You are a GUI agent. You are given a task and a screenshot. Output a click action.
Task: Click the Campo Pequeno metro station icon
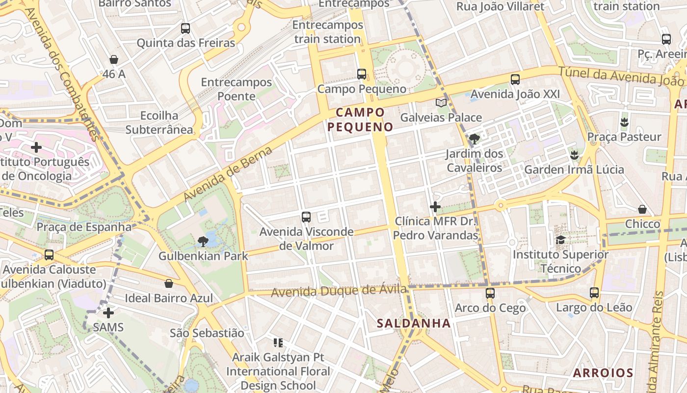pyautogui.click(x=362, y=74)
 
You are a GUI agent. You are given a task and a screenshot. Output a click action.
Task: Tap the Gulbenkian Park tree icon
pyautogui.click(x=202, y=241)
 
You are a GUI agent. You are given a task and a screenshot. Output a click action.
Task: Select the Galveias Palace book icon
pyautogui.click(x=441, y=103)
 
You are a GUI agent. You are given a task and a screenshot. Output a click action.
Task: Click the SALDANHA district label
pyautogui.click(x=414, y=323)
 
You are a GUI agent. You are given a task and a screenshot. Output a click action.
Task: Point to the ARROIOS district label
pyautogui.click(x=603, y=372)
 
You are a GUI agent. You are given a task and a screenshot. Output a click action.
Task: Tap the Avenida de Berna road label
pyautogui.click(x=228, y=174)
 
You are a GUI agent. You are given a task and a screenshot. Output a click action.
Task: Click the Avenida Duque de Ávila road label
pyautogui.click(x=339, y=291)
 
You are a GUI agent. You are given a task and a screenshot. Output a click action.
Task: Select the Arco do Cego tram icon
pyautogui.click(x=490, y=293)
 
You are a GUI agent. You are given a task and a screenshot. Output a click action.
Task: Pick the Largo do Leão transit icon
pyautogui.click(x=594, y=293)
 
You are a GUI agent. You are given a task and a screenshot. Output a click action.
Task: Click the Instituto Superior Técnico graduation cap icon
pyautogui.click(x=560, y=240)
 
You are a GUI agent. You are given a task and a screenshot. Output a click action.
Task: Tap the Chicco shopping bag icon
pyautogui.click(x=642, y=209)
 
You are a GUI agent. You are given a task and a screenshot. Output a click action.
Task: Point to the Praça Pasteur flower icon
pyautogui.click(x=624, y=122)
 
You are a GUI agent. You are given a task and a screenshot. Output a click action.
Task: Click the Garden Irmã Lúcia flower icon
pyautogui.click(x=574, y=155)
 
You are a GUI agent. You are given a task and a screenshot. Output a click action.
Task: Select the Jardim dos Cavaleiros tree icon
pyautogui.click(x=474, y=139)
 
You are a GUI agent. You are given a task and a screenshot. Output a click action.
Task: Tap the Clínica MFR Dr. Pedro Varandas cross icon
pyautogui.click(x=435, y=207)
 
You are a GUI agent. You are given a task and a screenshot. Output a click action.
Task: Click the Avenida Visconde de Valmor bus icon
pyautogui.click(x=306, y=217)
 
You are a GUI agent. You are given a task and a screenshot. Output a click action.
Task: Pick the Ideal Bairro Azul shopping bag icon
pyautogui.click(x=169, y=283)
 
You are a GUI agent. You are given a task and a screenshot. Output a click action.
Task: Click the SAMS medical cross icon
pyautogui.click(x=108, y=312)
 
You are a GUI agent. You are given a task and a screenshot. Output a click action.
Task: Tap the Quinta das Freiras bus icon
pyautogui.click(x=185, y=28)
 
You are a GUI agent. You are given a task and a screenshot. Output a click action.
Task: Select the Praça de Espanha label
pyautogui.click(x=84, y=227)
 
